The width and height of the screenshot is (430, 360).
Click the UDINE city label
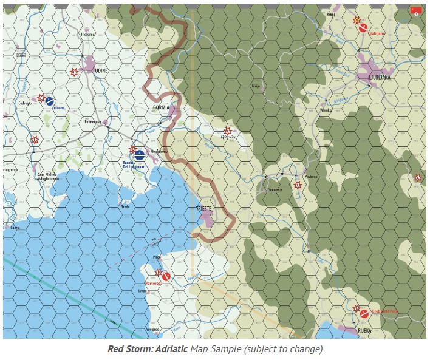(101, 70)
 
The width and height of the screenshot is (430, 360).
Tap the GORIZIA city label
(161, 107)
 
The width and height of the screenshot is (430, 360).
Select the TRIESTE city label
(204, 208)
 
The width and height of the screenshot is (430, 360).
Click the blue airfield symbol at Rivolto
(50, 101)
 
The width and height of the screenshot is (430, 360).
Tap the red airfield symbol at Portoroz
(166, 277)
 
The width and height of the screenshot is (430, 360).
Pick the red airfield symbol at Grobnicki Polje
(363, 314)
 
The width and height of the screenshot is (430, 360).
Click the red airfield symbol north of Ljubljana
(363, 27)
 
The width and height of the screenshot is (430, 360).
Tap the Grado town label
(125, 207)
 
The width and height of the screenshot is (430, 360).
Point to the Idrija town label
(256, 86)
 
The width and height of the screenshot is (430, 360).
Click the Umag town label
(143, 291)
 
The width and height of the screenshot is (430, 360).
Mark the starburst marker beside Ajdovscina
(228, 131)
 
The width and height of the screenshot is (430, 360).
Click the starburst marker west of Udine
(75, 72)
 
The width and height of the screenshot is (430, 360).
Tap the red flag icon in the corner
(416, 10)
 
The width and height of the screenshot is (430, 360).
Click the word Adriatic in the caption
(172, 349)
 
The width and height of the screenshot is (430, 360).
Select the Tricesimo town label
(87, 35)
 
